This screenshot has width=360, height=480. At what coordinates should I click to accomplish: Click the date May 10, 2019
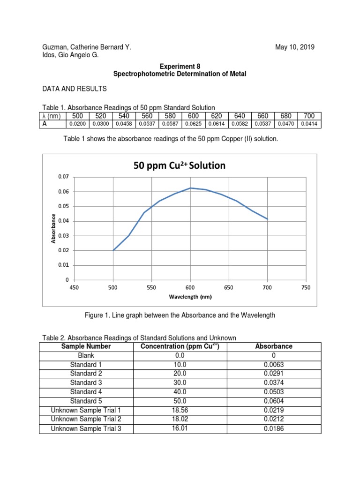(x=295, y=47)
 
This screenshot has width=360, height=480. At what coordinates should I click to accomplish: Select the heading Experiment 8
(x=180, y=67)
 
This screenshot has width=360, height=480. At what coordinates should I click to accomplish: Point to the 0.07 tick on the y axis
(x=63, y=177)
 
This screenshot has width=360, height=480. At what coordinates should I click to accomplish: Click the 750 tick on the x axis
(x=306, y=288)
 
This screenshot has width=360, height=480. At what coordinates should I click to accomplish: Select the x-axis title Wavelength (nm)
(x=190, y=297)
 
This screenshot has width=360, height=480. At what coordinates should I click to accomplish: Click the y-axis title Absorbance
(x=54, y=228)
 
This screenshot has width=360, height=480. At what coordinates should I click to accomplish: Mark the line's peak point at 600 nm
(x=190, y=188)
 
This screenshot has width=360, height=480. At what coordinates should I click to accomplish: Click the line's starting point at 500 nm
(x=113, y=250)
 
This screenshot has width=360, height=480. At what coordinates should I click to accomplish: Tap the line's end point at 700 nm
(x=267, y=219)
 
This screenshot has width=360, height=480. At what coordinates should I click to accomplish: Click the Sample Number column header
(x=86, y=346)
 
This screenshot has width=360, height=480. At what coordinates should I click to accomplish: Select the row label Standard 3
(x=86, y=382)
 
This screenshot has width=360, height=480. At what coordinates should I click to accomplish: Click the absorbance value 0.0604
(x=274, y=401)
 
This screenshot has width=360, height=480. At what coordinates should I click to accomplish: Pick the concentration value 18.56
(x=180, y=410)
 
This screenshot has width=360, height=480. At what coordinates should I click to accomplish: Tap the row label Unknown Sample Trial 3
(x=86, y=428)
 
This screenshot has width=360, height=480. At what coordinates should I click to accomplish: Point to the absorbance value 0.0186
(x=274, y=428)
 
